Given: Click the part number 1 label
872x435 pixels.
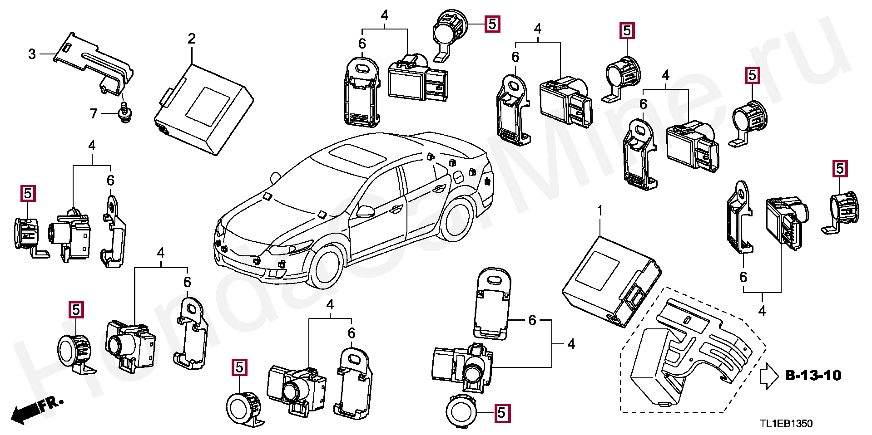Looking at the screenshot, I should point(600,211).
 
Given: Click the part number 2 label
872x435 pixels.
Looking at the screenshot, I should point(192,39).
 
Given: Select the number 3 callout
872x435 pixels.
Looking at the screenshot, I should point(32,54).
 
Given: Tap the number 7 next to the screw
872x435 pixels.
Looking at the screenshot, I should point(94,113).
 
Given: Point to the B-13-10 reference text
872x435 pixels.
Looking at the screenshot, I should point(813,376).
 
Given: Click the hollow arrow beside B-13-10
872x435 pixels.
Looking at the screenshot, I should point(768,376).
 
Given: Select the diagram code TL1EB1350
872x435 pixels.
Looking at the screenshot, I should point(786,424).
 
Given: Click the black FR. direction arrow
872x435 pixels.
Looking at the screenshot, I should point(25,412).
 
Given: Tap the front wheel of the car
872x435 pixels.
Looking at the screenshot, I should point(327,267).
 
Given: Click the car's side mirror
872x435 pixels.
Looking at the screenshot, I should point(366,210).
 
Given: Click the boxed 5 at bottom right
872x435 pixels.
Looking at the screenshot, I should point(501,413).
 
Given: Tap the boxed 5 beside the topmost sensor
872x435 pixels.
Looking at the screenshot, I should point(492,24).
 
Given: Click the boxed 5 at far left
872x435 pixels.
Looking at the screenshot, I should point(28,194).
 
